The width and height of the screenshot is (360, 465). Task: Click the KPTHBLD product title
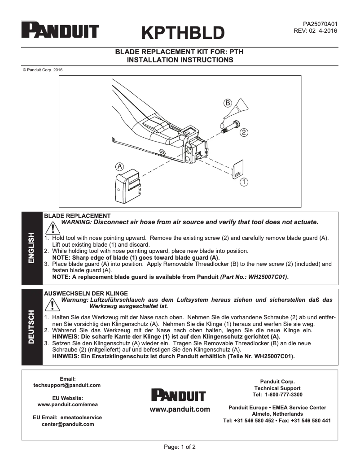coord(183,32)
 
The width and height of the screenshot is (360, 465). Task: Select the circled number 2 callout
coord(244,132)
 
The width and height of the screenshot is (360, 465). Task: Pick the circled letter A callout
coord(119,165)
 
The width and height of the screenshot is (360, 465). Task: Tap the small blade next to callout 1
coord(238,169)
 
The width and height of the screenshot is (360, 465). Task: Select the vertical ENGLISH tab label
coord(32,248)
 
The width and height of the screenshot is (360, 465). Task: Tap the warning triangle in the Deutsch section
coord(53,304)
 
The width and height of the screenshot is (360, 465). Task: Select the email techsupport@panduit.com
coord(67,385)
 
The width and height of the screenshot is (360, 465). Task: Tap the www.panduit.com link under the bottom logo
coord(180,409)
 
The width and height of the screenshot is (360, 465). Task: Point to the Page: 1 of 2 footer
coord(180,447)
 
